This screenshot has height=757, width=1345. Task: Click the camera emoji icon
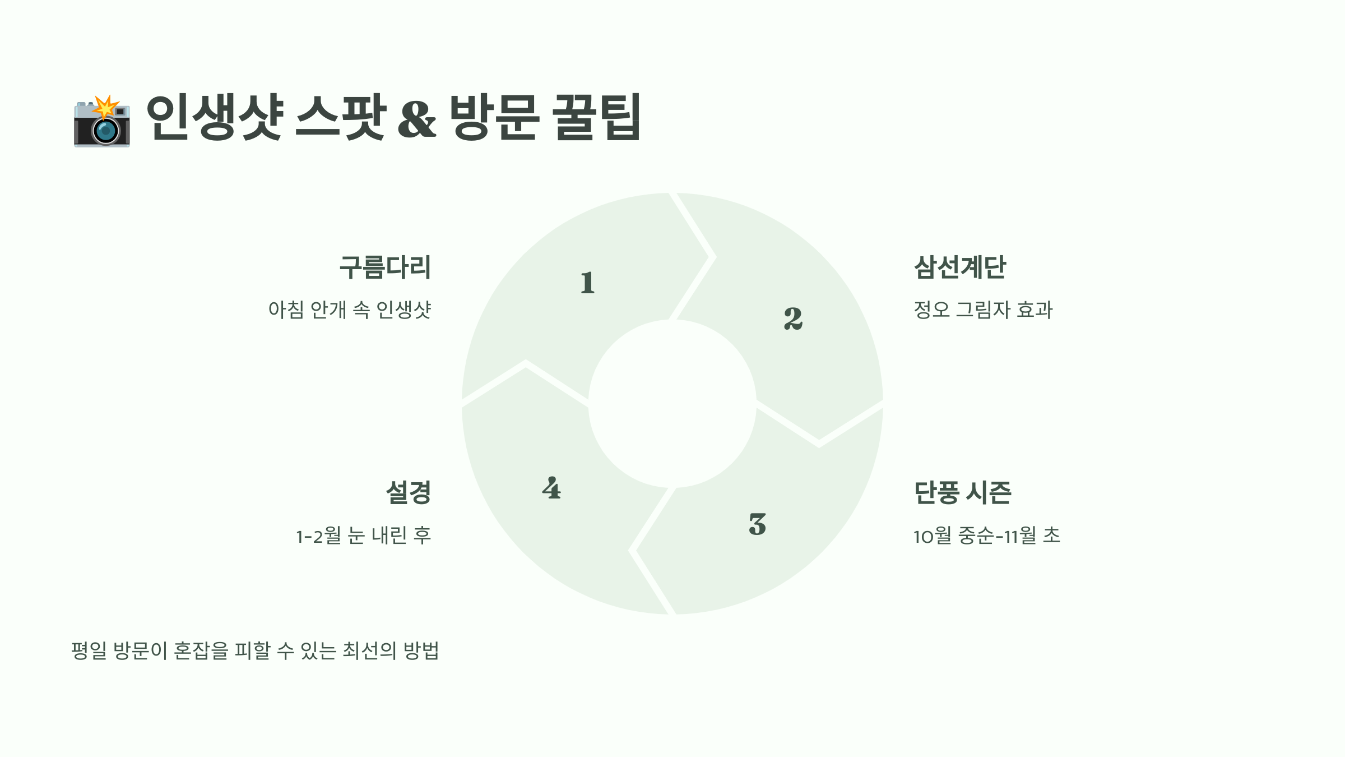point(102,121)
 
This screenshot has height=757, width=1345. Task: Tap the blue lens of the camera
point(105,131)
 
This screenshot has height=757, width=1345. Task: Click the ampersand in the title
point(417,118)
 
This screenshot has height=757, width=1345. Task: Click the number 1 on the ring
point(587,283)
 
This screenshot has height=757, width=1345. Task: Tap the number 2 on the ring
point(793,319)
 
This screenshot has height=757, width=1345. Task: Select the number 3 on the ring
point(757,524)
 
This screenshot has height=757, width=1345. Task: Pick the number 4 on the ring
point(551,488)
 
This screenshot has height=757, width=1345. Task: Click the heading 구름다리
point(386,267)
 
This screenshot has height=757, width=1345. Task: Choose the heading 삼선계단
point(960,267)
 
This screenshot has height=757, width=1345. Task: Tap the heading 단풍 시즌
point(962,493)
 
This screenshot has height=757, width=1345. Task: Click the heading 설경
point(409,493)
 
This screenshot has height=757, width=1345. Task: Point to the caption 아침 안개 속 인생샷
point(350,310)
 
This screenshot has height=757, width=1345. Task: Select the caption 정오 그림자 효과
point(983,310)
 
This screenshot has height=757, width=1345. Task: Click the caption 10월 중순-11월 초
point(986,536)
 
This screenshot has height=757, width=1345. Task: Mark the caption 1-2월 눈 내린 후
point(364,536)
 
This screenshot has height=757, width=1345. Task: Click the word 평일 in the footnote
point(89,650)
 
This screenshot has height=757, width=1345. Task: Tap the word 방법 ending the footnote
point(421,650)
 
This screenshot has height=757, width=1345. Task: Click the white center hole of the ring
point(672,404)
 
